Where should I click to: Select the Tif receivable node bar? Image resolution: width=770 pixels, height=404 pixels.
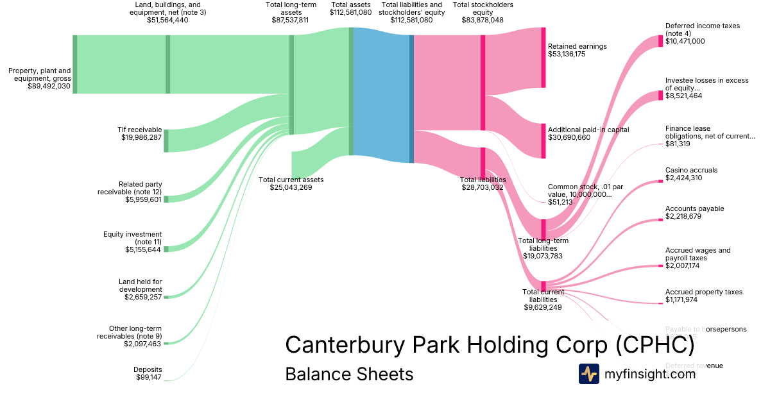(x=166, y=140)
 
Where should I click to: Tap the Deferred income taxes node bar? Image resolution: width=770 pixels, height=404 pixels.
(x=660, y=41)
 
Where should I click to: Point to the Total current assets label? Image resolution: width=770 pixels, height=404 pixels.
(x=291, y=180)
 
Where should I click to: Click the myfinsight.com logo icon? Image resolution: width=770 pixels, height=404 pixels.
(x=588, y=374)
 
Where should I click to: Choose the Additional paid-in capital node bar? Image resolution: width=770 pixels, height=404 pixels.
(x=543, y=140)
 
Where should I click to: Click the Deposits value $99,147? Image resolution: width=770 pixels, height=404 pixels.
(x=148, y=378)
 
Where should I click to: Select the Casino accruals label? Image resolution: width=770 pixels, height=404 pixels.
(x=691, y=170)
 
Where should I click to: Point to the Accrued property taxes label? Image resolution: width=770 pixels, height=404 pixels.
(x=704, y=292)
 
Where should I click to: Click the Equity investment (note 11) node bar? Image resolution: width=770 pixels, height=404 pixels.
(x=166, y=249)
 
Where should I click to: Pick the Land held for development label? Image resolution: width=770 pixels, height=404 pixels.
(x=140, y=285)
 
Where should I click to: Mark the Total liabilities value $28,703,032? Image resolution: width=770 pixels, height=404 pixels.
(x=483, y=188)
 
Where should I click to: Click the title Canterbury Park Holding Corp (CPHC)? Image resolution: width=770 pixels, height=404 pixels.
(x=490, y=344)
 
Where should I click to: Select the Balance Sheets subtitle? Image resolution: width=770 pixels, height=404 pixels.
(x=349, y=374)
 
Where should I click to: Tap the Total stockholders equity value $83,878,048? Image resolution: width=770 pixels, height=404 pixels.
(x=483, y=20)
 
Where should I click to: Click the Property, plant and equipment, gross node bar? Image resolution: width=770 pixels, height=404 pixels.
(x=75, y=64)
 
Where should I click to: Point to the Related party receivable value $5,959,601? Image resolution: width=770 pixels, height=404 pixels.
(x=143, y=200)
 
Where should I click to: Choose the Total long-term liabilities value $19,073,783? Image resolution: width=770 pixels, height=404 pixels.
(x=543, y=256)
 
